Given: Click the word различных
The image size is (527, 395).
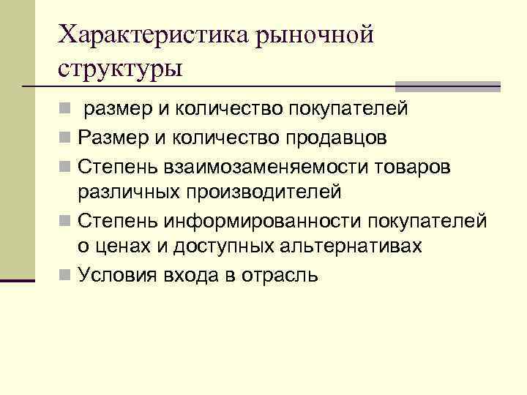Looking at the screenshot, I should click(127, 193).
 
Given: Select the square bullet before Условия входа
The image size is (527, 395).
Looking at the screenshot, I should click(65, 276).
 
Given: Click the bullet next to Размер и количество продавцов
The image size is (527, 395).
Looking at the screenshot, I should click(65, 138).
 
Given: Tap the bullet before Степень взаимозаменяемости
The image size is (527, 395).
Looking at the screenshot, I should click(65, 166).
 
